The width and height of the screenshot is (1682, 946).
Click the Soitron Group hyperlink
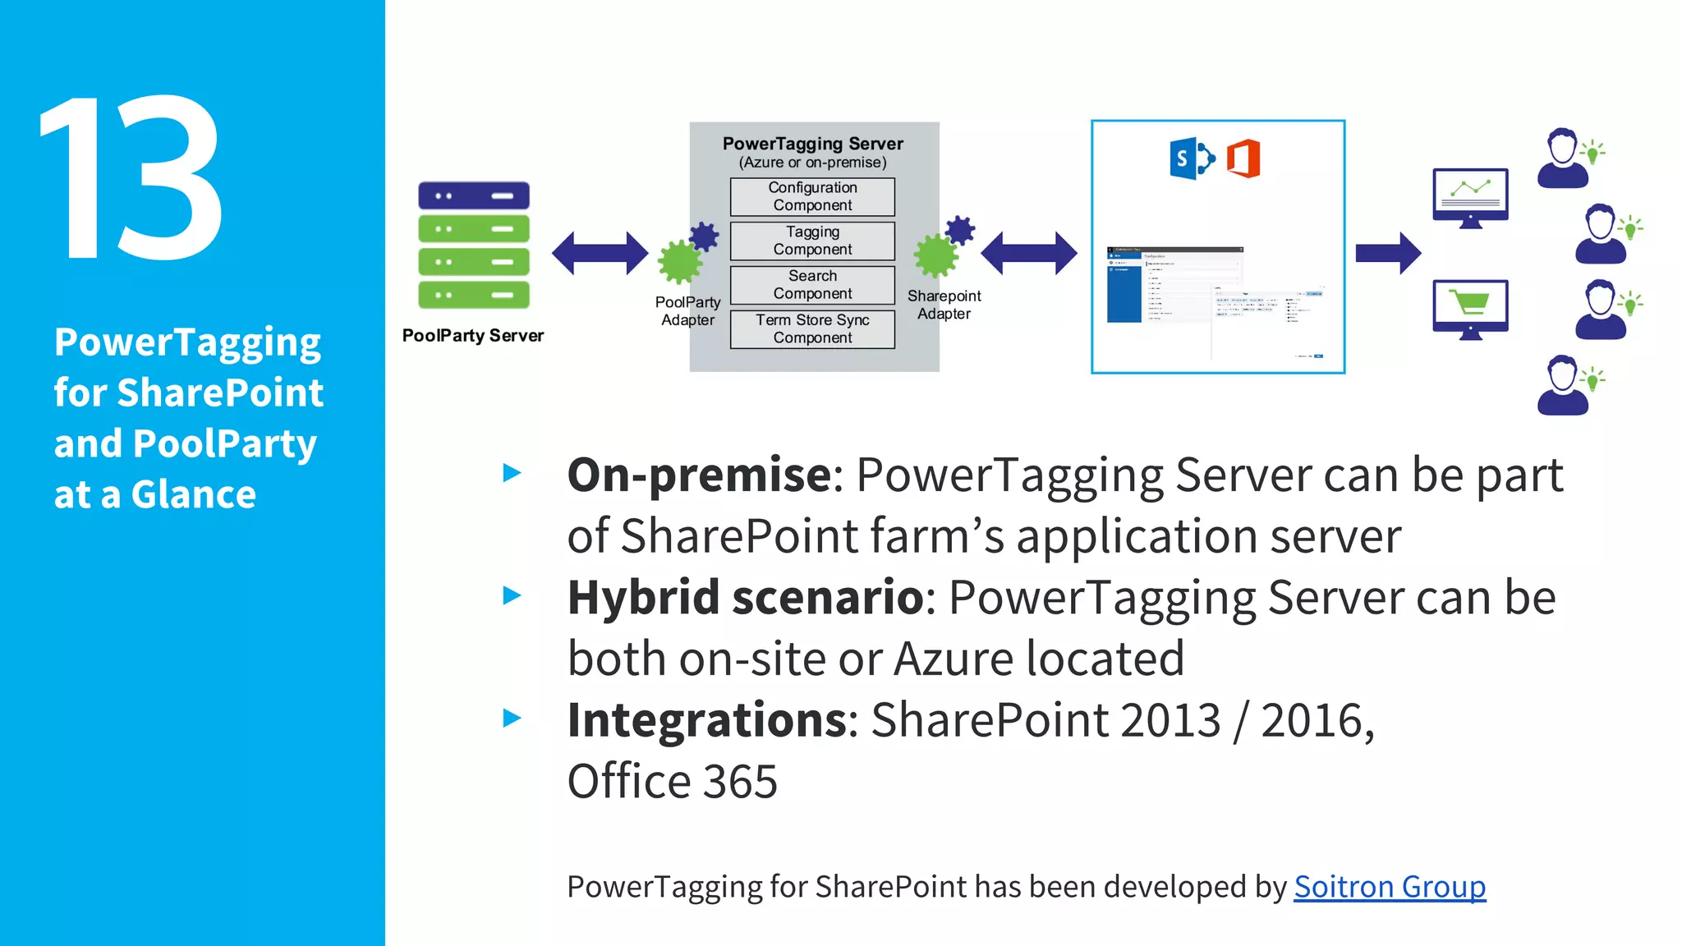tap(1389, 887)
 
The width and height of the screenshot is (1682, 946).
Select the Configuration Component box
tap(812, 196)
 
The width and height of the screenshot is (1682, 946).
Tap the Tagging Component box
tap(812, 241)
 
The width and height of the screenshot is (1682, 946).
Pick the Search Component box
tap(812, 285)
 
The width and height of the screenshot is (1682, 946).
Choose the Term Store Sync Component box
tap(812, 329)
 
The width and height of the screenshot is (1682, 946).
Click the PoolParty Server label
tap(473, 336)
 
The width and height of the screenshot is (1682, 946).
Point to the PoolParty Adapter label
tap(687, 311)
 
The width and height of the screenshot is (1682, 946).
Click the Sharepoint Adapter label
tap(944, 305)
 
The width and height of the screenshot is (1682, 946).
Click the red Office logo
tap(1243, 158)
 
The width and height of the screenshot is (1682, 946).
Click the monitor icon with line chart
tap(1470, 195)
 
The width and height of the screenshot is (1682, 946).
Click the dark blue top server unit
tap(474, 196)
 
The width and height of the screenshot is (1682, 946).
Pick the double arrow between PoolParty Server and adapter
tap(600, 253)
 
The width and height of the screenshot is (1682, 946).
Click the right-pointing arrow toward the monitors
tap(1388, 253)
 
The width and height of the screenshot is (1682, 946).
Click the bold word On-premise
tap(700, 475)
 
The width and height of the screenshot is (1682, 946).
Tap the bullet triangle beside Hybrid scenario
tap(512, 595)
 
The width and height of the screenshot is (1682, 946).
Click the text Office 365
tap(672, 781)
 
